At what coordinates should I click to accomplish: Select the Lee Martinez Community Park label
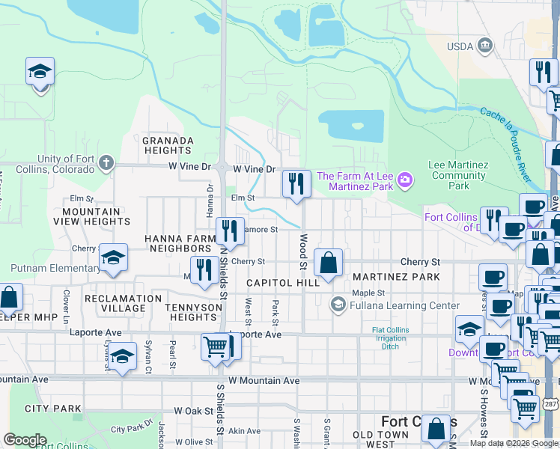click(459, 175)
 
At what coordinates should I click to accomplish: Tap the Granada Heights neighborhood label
click(168, 145)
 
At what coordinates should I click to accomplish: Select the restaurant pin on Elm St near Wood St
click(296, 184)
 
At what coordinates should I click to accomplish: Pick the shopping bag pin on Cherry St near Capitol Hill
click(328, 263)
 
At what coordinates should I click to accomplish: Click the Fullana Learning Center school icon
click(338, 304)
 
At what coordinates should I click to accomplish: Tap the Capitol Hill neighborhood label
click(283, 282)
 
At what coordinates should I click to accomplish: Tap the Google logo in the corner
click(25, 440)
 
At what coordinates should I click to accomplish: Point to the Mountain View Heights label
click(91, 217)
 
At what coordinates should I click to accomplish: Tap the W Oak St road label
click(194, 411)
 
